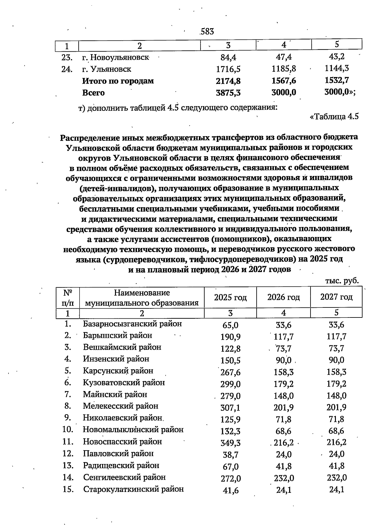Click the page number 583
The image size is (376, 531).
tap(207, 31)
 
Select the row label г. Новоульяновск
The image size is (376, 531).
tap(116, 58)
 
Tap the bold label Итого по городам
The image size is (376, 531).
tap(118, 81)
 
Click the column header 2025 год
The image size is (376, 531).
tap(230, 297)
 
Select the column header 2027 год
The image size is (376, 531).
tap(336, 297)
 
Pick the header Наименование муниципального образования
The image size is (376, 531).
tap(142, 298)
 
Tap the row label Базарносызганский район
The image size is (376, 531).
tap(132, 324)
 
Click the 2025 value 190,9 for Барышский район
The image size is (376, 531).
tap(230, 337)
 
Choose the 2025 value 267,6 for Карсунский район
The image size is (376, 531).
tap(230, 372)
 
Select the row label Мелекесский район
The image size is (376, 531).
tap(121, 406)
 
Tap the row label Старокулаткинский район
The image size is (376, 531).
tap(133, 489)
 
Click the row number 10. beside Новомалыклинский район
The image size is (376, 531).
tap(68, 430)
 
